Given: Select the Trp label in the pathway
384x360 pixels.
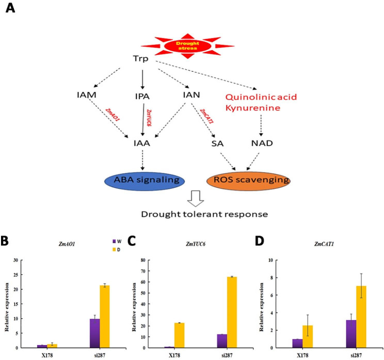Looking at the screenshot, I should click(x=139, y=59).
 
